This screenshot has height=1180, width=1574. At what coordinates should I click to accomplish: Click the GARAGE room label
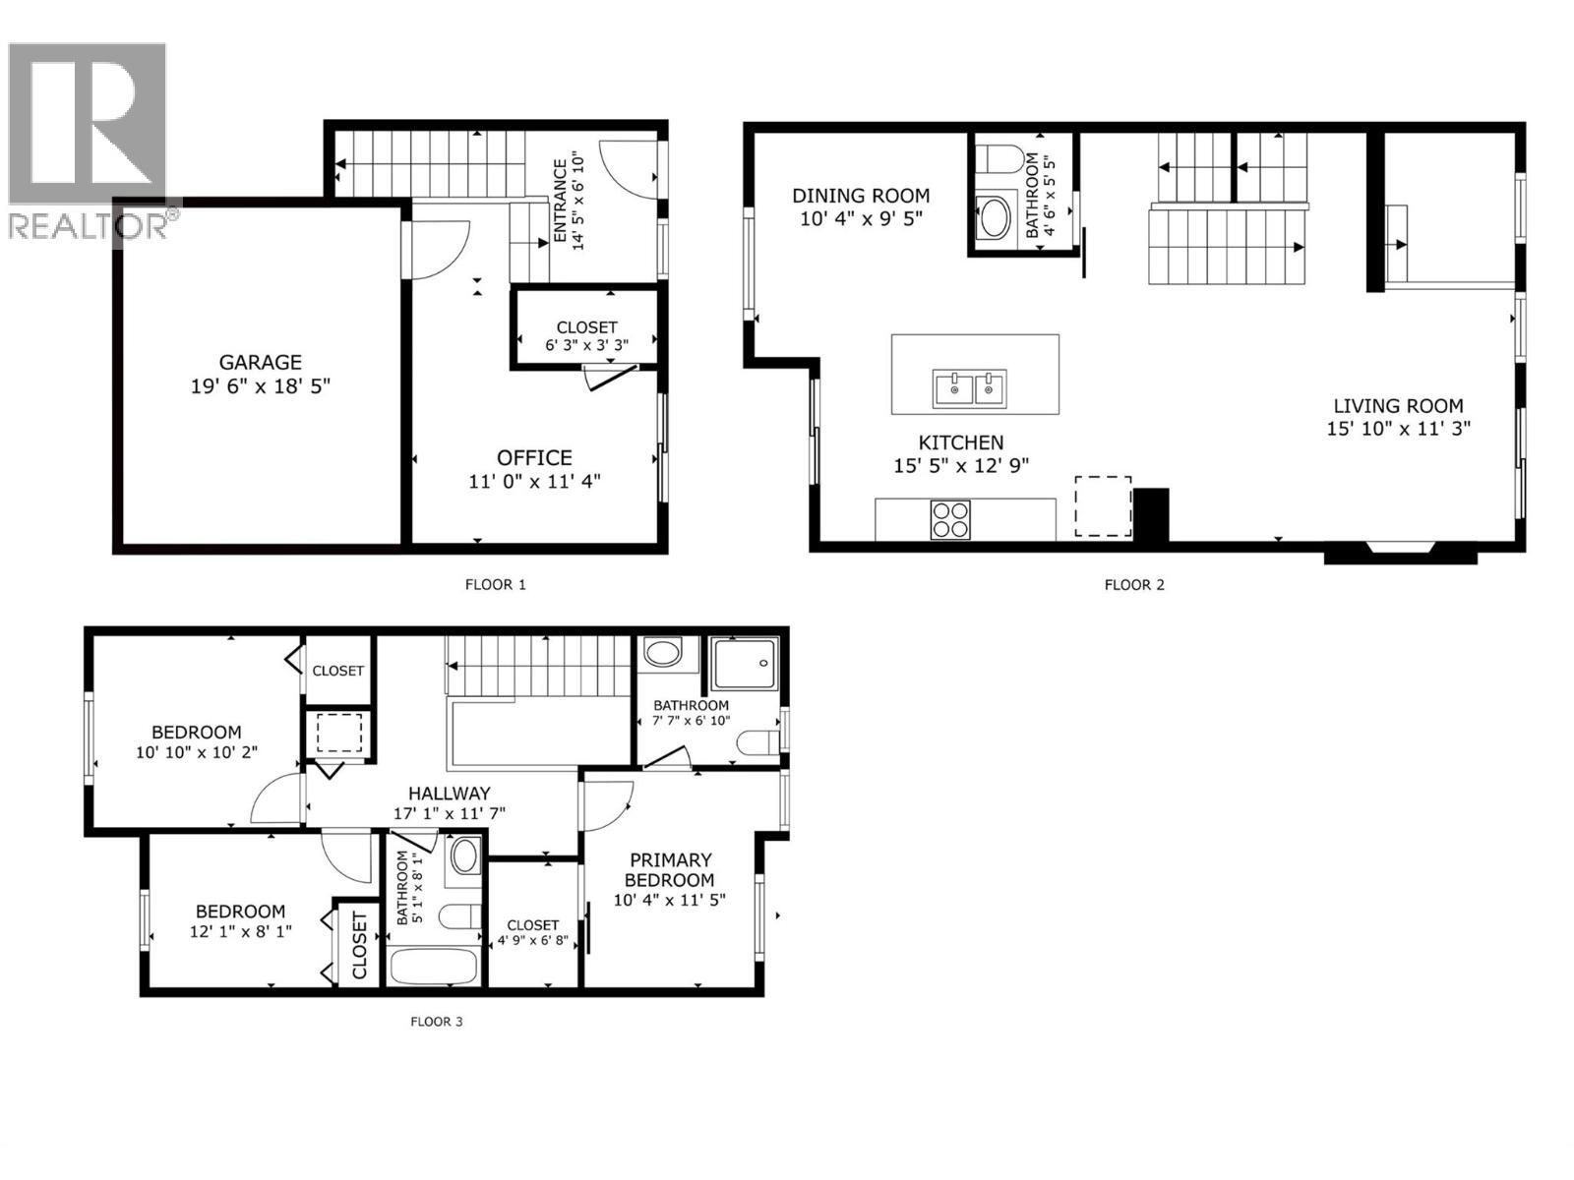point(260,362)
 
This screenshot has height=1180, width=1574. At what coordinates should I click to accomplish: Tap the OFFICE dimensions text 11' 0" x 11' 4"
point(534,481)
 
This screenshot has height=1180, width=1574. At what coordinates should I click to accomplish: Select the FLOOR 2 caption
point(1134,584)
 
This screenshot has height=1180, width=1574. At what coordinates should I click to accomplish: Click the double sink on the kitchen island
point(970,388)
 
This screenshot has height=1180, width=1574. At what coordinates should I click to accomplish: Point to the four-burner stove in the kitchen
point(950,519)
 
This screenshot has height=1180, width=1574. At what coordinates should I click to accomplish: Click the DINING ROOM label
point(861,196)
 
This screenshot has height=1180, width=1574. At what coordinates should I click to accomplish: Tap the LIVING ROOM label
point(1398,405)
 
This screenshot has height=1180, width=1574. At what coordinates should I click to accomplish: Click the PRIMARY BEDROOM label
point(670,869)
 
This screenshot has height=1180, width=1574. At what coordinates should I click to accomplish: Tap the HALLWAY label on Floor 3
point(449,793)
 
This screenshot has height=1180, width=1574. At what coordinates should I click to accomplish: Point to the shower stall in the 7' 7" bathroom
point(745,663)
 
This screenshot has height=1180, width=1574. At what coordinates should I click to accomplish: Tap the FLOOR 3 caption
point(436,1021)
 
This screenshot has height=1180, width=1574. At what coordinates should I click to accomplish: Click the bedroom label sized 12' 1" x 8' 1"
point(240,912)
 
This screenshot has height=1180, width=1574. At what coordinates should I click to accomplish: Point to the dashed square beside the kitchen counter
point(1103,506)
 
